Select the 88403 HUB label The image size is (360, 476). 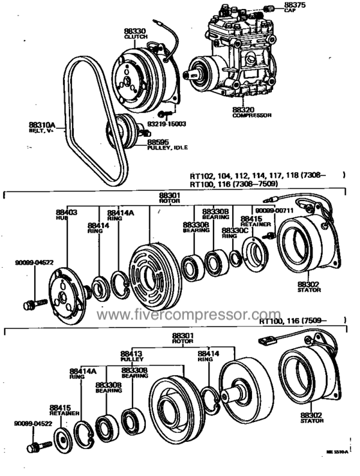coord(66,214)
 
